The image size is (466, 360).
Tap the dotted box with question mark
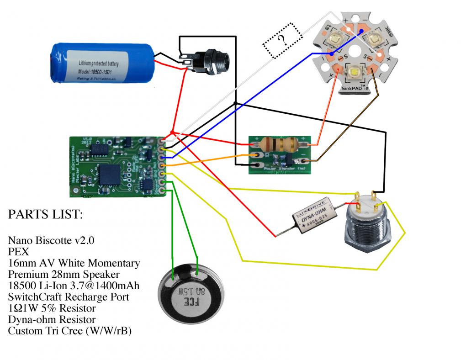[282, 41]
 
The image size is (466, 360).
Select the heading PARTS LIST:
[45, 215]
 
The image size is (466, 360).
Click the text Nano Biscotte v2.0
[51, 240]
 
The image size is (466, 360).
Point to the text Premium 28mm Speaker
[64, 275]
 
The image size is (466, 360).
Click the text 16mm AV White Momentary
[74, 263]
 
